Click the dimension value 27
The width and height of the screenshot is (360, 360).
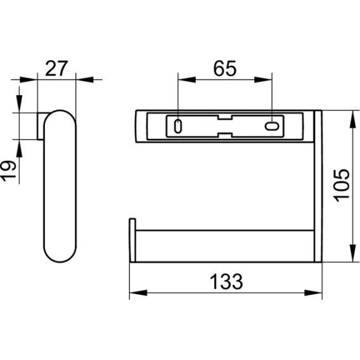tap(56, 68)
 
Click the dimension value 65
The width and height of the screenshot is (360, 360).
tap(224, 68)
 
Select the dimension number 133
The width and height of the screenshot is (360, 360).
tap(226, 281)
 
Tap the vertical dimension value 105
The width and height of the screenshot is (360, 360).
tap(342, 186)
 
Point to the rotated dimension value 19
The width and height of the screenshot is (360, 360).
tap(8, 171)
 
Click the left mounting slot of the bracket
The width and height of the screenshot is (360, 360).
tap(178, 126)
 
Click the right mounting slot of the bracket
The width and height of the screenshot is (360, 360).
tap(272, 126)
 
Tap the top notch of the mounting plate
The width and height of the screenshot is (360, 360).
tap(225, 117)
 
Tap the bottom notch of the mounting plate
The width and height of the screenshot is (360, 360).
tap(225, 135)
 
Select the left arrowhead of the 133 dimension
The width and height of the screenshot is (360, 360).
tap(138, 293)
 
